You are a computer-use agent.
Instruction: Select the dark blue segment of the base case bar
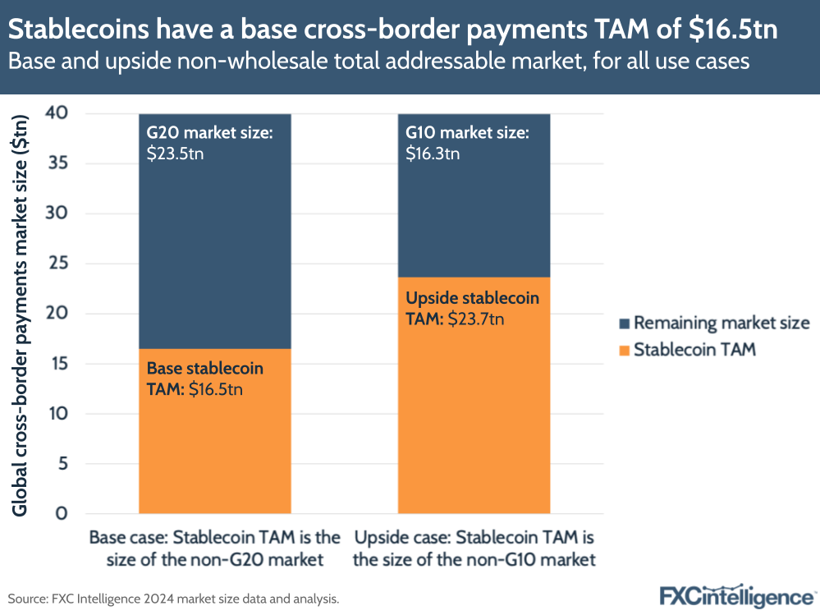click(214, 246)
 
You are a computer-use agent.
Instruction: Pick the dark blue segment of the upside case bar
click(474, 213)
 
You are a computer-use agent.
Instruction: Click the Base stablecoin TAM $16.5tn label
click(205, 379)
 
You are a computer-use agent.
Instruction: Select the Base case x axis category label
click(214, 549)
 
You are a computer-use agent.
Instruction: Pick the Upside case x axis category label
click(474, 549)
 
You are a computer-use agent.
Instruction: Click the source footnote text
click(173, 599)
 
